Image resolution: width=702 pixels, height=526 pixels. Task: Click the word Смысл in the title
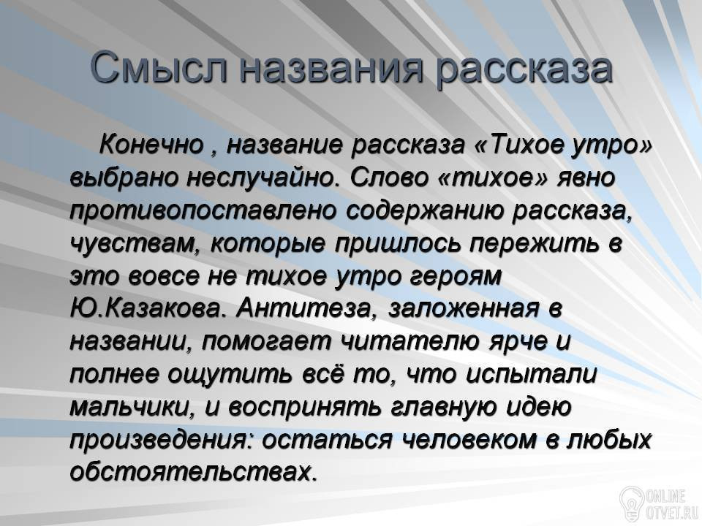pyautogui.click(x=159, y=69)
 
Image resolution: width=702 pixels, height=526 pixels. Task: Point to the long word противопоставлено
pyautogui.click(x=203, y=210)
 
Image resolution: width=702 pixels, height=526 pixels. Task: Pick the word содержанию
pyautogui.click(x=423, y=210)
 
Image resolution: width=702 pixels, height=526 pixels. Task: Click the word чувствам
pyautogui.click(x=134, y=244)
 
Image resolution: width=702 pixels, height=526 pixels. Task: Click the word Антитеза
pyautogui.click(x=306, y=309)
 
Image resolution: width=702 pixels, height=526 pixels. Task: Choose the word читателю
pyautogui.click(x=410, y=342)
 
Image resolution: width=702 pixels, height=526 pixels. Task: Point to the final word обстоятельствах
pyautogui.click(x=193, y=473)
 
